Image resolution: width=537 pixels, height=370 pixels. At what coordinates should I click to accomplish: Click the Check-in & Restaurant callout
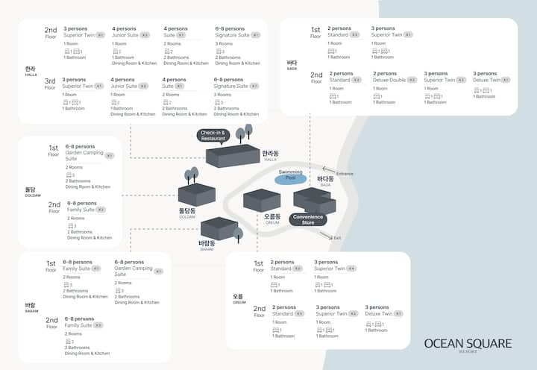click(x=213, y=136)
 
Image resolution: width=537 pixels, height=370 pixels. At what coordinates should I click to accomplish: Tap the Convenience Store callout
click(x=308, y=219)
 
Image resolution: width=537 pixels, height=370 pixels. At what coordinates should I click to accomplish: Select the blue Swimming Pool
click(x=291, y=178)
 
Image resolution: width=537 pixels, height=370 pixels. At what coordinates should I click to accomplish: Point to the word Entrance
click(x=345, y=174)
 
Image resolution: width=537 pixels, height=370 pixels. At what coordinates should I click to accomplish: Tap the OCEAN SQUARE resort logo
click(x=468, y=344)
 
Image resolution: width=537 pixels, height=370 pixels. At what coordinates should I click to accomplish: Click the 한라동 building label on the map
click(x=270, y=154)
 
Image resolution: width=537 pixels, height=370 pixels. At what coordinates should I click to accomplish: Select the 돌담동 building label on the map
click(x=186, y=212)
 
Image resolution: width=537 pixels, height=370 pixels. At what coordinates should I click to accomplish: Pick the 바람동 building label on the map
click(x=207, y=243)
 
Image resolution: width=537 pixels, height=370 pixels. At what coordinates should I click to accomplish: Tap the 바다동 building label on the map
click(x=325, y=180)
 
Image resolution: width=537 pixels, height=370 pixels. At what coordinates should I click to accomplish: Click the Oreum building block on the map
click(x=262, y=200)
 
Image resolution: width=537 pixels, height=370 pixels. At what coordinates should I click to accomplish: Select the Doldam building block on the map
click(x=197, y=194)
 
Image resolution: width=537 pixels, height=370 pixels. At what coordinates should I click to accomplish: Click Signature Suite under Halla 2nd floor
click(x=231, y=35)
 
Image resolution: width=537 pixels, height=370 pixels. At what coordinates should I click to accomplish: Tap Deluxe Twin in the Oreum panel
click(x=378, y=314)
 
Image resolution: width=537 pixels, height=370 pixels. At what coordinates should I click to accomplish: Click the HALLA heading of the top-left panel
click(x=30, y=71)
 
